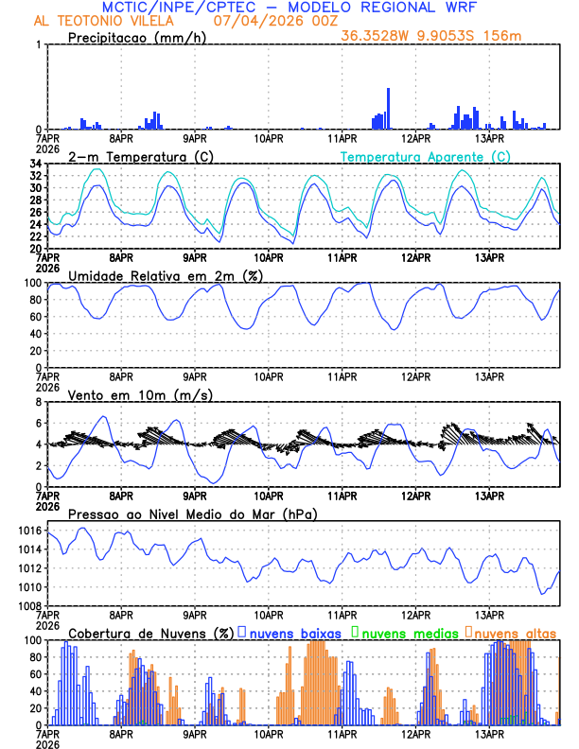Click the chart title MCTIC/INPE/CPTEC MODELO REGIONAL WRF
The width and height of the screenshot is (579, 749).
click(x=289, y=8)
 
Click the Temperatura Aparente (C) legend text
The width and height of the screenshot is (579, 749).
click(x=426, y=156)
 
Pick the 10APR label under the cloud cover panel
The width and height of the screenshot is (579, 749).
click(x=269, y=734)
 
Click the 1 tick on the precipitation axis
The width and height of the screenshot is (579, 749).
click(x=38, y=45)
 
